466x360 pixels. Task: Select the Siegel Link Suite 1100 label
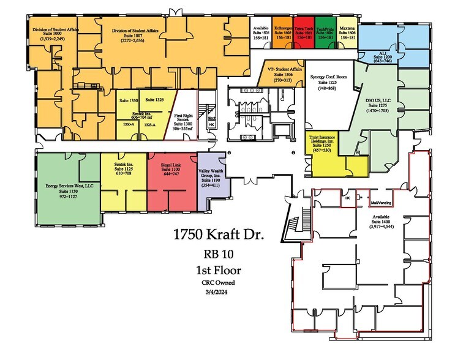tap(171, 170)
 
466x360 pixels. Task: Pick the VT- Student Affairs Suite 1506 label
tap(284, 73)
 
